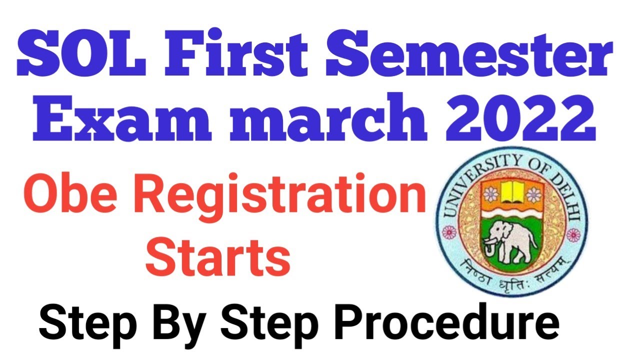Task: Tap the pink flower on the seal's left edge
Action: pyautogui.click(x=449, y=232)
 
